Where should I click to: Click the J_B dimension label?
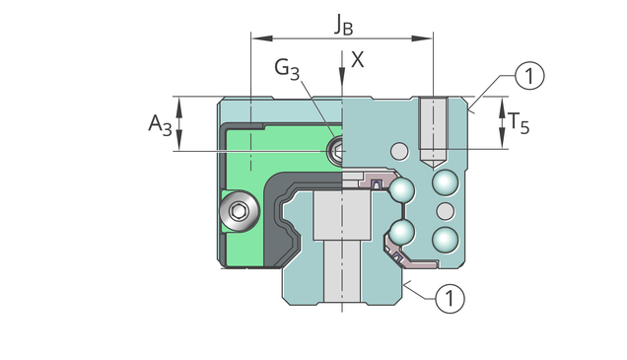tap(344, 25)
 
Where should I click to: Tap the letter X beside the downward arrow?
tap(357, 59)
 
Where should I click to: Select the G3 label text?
tap(287, 69)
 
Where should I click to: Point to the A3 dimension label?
tap(161, 124)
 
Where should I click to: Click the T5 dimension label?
tap(519, 122)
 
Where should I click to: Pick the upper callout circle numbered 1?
tap(529, 76)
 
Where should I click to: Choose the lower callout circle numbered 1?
tap(450, 298)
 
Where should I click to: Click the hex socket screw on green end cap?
tap(240, 210)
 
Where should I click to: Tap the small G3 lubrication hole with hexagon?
tap(336, 151)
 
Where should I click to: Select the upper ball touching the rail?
tap(402, 190)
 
